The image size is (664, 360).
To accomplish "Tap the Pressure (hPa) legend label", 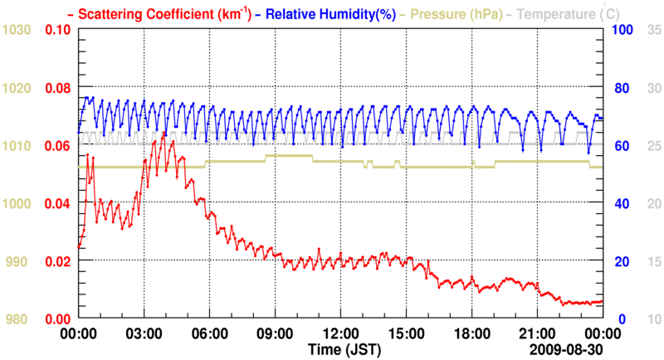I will tap(453, 13).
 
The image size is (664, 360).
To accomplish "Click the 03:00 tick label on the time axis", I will tap(144, 332).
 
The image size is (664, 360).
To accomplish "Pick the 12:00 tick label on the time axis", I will tap(340, 332).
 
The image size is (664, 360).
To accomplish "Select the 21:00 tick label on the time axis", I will tap(537, 332).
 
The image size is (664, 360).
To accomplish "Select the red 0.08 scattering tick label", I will tap(58, 88).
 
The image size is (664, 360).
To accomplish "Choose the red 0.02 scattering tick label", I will tap(58, 261).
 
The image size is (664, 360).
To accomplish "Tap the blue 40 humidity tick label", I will tap(619, 203).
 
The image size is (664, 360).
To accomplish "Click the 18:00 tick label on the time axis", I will tap(471, 332).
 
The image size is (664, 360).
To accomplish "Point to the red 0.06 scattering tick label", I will tap(58, 146).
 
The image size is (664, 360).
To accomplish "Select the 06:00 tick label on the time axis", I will tap(209, 332).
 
